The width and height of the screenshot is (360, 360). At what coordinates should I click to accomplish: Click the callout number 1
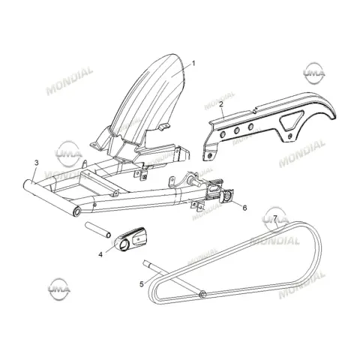193,64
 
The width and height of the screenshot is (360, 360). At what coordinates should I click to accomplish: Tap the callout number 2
221,104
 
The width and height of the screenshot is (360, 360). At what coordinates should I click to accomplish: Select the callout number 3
37,163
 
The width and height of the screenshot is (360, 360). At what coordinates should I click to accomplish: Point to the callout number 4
100,254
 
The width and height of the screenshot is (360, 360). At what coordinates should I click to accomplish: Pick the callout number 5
142,284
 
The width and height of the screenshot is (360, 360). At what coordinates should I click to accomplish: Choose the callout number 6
244,208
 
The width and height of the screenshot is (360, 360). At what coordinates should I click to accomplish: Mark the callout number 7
275,218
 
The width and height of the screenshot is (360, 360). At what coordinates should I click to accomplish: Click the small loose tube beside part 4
98,229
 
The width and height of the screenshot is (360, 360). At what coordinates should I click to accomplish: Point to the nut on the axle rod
202,294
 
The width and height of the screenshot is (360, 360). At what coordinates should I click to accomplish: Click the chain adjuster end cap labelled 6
226,196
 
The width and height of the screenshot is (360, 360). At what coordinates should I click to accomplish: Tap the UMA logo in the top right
314,73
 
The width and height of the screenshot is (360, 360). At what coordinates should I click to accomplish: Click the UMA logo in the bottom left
59,289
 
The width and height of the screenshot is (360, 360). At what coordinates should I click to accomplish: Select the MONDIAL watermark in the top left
70,81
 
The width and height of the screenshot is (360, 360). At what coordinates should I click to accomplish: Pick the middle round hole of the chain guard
236,130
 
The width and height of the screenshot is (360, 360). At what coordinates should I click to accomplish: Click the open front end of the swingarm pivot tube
77,211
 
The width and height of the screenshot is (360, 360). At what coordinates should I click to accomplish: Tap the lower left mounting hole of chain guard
209,155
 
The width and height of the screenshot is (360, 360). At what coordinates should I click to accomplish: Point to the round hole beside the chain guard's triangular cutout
289,136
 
